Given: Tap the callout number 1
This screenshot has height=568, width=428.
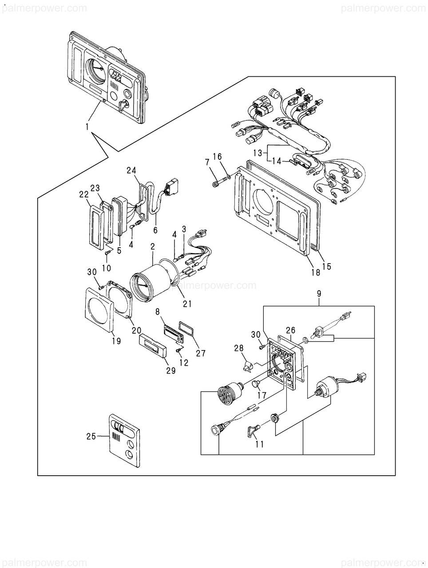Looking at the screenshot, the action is (x=87, y=127).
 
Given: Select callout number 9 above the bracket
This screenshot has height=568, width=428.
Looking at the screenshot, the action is (x=319, y=294).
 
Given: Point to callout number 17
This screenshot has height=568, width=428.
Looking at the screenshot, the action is (x=262, y=396).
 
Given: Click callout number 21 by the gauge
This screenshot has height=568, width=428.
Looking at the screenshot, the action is (x=187, y=304).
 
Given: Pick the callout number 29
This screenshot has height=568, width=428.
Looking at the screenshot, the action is (x=170, y=371).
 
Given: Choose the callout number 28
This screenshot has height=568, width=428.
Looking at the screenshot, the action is (x=239, y=348).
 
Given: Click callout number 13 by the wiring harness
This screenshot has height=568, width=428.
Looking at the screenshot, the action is (x=258, y=153).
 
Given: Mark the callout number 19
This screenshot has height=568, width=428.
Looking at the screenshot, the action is (x=116, y=341).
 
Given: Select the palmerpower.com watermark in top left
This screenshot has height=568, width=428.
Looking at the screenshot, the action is (x=44, y=8).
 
